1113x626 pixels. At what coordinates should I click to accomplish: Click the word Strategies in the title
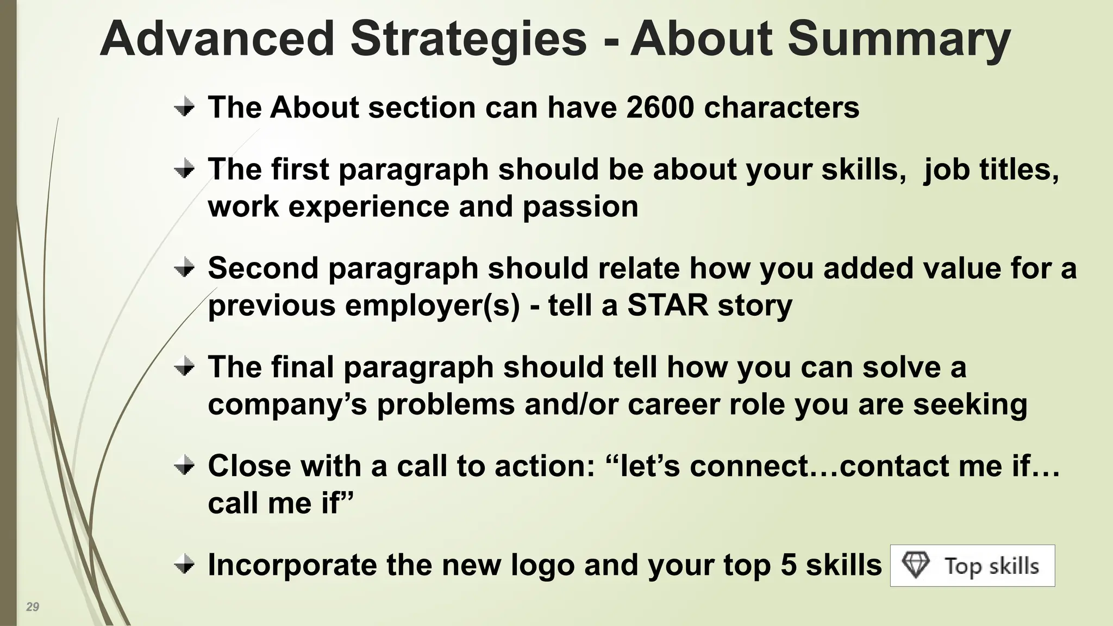click(x=468, y=39)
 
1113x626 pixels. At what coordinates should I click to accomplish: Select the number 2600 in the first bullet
click(x=660, y=107)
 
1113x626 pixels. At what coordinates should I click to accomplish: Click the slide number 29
click(x=33, y=607)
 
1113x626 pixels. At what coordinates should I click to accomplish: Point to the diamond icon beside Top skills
click(x=916, y=565)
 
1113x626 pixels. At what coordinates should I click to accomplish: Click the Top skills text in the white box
click(x=991, y=566)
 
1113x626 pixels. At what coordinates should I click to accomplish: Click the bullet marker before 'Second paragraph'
click(x=185, y=268)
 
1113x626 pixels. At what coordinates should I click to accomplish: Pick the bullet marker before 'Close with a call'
click(x=185, y=466)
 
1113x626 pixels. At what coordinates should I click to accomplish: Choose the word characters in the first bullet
click(x=781, y=107)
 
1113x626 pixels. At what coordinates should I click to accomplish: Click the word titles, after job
click(x=1019, y=170)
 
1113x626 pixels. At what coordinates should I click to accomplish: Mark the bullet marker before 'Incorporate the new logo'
click(x=185, y=565)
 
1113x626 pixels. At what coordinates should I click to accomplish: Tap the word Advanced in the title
click(x=217, y=39)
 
